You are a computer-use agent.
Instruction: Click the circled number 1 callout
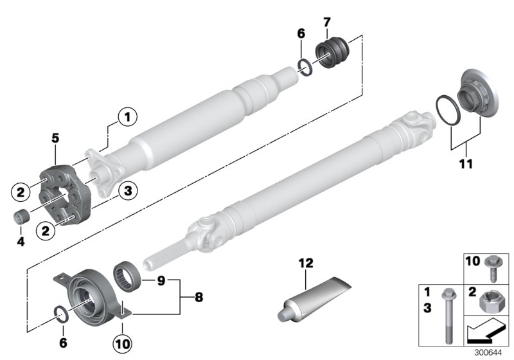coord(127,117)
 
